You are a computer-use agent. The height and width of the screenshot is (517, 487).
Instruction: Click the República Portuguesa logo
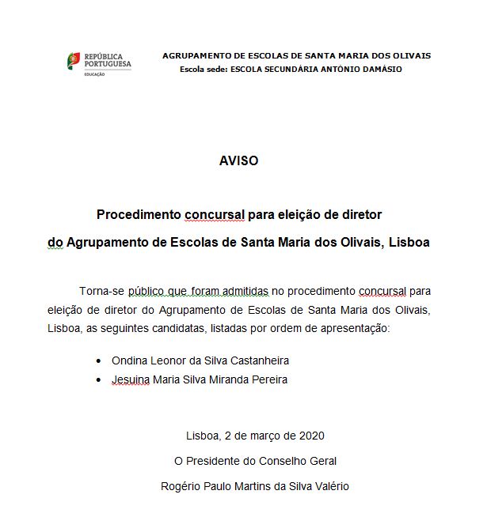[98, 61]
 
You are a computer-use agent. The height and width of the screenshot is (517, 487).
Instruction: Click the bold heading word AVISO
[238, 160]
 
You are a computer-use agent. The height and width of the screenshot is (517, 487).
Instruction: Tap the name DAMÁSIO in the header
[382, 69]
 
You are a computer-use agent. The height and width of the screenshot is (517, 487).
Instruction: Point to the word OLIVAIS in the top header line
[410, 55]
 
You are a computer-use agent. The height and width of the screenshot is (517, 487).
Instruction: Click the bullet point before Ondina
[98, 360]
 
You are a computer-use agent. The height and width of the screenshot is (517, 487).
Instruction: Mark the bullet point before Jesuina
[98, 379]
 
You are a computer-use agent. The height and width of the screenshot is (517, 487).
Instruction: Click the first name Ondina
[129, 360]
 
